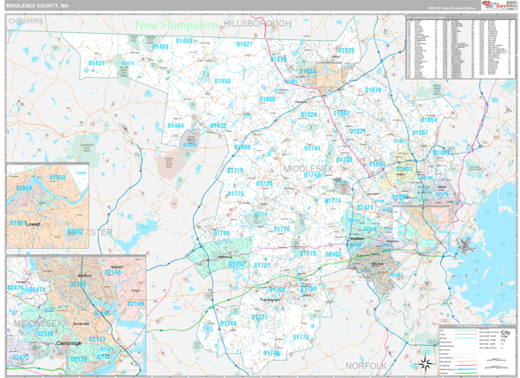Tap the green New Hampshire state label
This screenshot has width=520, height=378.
tap(177, 27)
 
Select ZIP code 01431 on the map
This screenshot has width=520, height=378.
tap(96, 63)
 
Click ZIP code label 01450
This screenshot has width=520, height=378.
tap(222, 81)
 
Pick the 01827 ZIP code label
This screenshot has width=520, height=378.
tap(244, 44)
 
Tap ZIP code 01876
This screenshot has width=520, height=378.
tap(373, 90)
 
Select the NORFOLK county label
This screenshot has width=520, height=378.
tap(363, 366)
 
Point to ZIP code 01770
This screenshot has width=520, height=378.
tap(301, 337)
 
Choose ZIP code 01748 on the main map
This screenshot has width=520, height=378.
tap(228, 323)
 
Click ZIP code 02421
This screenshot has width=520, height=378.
tap(365, 208)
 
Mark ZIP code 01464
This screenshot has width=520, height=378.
tap(176, 126)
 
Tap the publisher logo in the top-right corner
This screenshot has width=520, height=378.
tap(497, 7)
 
